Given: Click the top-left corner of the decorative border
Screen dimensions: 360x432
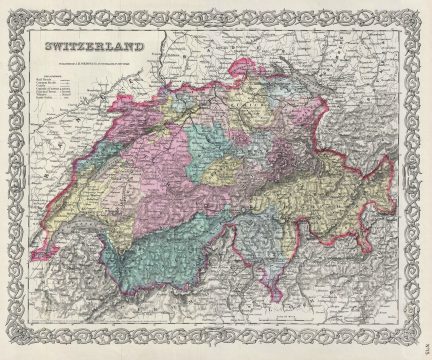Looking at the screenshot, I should click(x=10, y=10).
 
